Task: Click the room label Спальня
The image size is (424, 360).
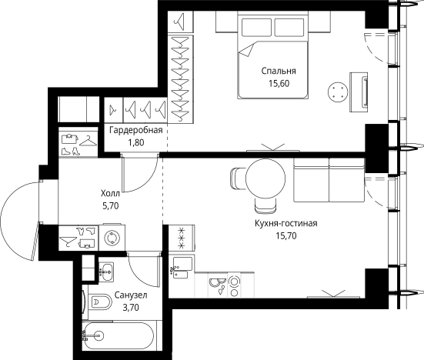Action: click(279, 71)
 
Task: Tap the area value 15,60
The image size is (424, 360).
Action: click(279, 84)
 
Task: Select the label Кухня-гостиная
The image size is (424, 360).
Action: click(286, 224)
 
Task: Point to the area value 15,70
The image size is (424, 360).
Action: click(286, 236)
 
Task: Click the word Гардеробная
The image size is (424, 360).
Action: click(136, 130)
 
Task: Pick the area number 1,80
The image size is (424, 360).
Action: click(136, 143)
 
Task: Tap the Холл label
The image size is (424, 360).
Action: click(110, 194)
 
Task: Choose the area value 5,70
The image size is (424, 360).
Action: click(110, 206)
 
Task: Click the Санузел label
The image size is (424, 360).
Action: click(131, 295)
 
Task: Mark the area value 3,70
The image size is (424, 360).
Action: click(131, 308)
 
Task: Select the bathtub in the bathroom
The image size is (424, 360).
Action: click(119, 336)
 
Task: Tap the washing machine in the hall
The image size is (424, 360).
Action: click(112, 238)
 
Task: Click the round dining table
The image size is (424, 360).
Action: click(265, 178)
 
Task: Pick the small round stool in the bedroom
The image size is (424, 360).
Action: click(338, 92)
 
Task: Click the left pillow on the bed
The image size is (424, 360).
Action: click(256, 27)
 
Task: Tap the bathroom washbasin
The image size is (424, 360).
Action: click(106, 272)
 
